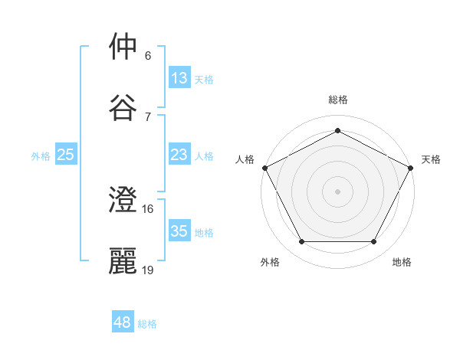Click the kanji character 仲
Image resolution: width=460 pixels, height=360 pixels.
(123, 47)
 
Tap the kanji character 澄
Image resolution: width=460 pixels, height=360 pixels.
(123, 200)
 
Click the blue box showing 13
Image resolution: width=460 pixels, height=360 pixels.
(179, 78)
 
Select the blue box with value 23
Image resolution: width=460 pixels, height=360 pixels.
(179, 155)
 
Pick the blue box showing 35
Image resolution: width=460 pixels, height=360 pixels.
(179, 231)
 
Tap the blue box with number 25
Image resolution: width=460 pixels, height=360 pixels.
(65, 155)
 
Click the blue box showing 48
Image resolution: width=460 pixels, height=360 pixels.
(122, 322)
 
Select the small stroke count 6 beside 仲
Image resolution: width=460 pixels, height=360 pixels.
(148, 56)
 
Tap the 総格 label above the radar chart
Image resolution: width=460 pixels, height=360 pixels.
(337, 100)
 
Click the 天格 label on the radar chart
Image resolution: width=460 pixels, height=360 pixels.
(431, 159)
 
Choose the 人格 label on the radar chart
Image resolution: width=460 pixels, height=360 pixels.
(245, 159)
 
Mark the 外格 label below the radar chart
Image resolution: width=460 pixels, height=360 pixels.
(270, 262)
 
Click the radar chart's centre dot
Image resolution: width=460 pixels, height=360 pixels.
(337, 191)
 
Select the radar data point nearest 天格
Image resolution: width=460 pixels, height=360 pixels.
(411, 167)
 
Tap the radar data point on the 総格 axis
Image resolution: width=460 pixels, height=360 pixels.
(337, 130)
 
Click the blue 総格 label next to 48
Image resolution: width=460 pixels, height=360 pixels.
(147, 323)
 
